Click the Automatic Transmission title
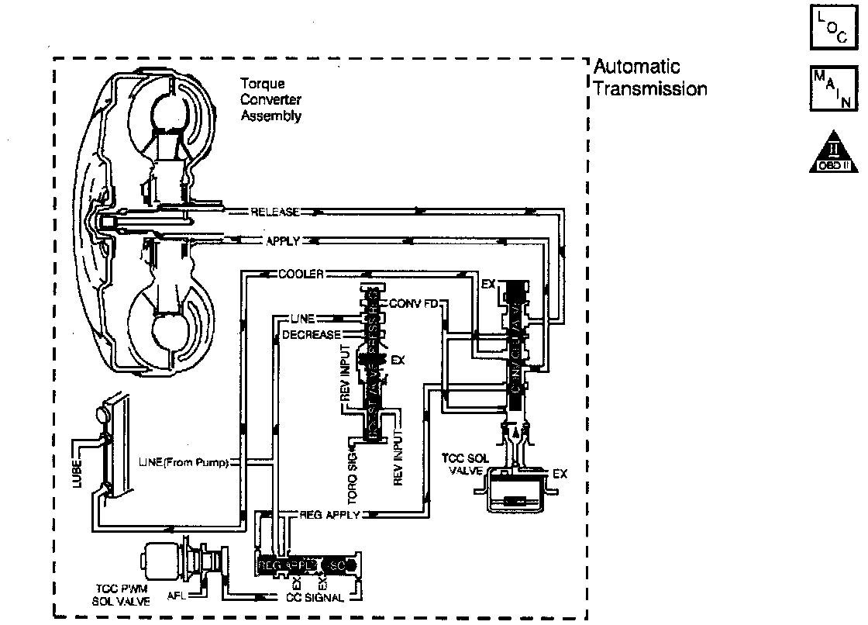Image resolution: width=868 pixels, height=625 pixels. coord(649,78)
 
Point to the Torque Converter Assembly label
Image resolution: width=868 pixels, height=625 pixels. coord(270,100)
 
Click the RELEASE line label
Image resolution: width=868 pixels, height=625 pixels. coord(275,212)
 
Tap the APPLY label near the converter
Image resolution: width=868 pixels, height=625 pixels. coord(282,241)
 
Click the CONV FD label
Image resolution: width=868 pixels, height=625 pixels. coord(414,302)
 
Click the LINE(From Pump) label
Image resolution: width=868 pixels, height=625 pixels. coord(184,463)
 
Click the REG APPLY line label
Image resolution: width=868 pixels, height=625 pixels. coord(329,515)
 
